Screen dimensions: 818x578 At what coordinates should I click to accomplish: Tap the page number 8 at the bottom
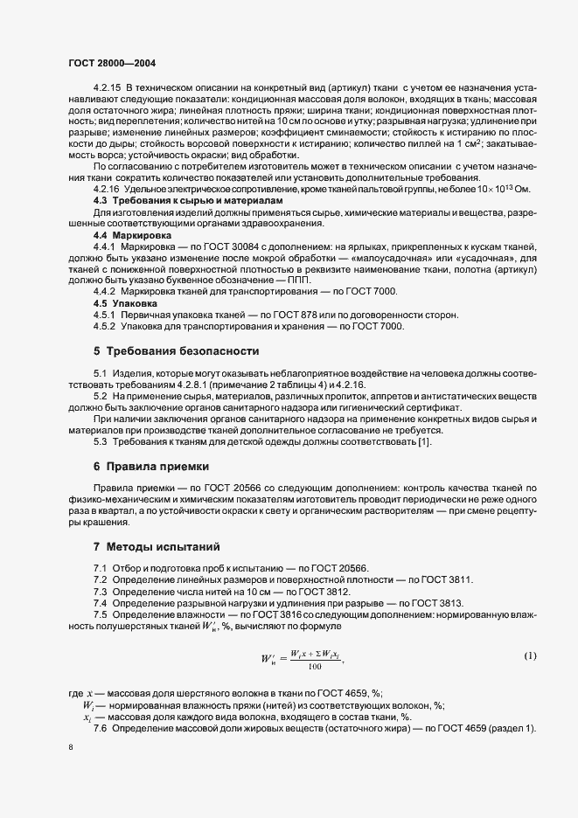70,747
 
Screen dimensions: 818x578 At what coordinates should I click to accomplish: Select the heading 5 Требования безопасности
176,351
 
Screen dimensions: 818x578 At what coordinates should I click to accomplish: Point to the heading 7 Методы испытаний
157,547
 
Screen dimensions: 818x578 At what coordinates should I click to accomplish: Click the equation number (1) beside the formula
530,655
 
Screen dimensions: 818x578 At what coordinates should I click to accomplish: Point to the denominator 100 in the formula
315,666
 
